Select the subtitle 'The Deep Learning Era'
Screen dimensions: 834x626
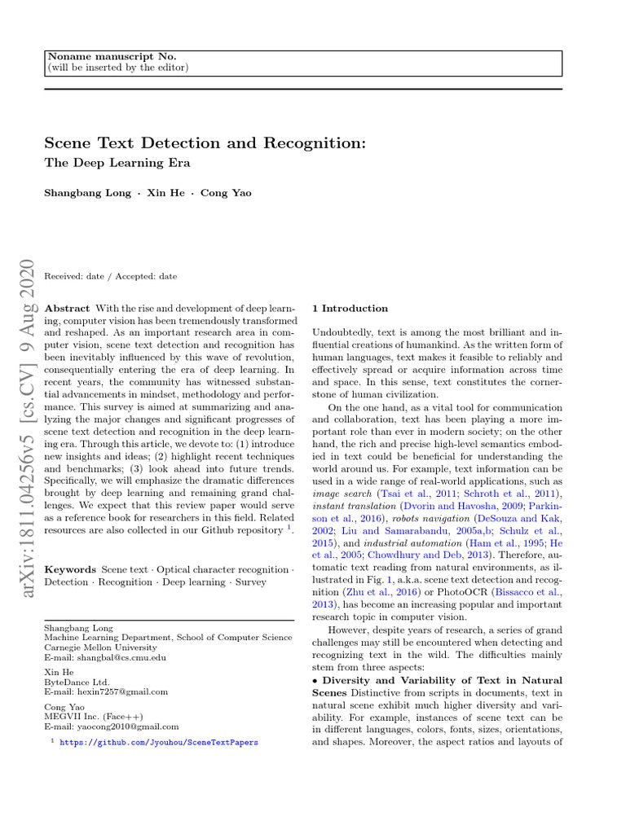pyautogui.click(x=117, y=162)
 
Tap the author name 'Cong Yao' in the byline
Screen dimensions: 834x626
pyautogui.click(x=226, y=193)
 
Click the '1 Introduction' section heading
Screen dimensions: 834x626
pyautogui.click(x=350, y=309)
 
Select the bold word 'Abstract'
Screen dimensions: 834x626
pyautogui.click(x=67, y=309)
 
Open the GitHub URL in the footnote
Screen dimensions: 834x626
pyautogui.click(x=159, y=742)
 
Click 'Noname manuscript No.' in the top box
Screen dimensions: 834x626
pyautogui.click(x=112, y=56)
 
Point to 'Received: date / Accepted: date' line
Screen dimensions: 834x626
pyautogui.click(x=110, y=276)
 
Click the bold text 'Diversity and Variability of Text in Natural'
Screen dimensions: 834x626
pyautogui.click(x=442, y=680)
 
